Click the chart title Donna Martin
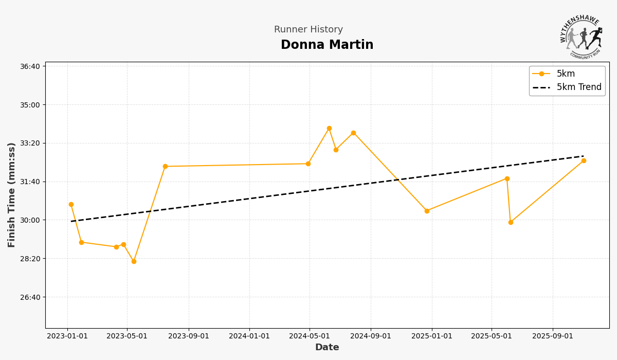coord(327,45)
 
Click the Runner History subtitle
coord(308,30)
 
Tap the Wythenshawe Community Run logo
coord(581,37)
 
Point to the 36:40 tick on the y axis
coord(30,66)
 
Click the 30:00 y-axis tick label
coord(30,220)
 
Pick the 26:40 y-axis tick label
coord(30,297)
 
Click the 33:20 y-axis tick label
coord(30,143)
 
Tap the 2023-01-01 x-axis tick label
coord(67,336)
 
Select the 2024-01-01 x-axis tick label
coord(249,336)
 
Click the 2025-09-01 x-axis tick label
coord(553,336)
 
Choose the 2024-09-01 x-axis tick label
coord(371,336)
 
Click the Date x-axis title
coord(327,348)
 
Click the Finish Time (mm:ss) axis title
coord(12,195)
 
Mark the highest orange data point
coord(329,129)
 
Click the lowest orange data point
coord(134,261)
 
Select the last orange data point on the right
coord(584,160)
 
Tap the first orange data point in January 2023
coord(71,204)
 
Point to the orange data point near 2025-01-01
coord(427,211)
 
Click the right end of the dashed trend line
coord(584,156)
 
